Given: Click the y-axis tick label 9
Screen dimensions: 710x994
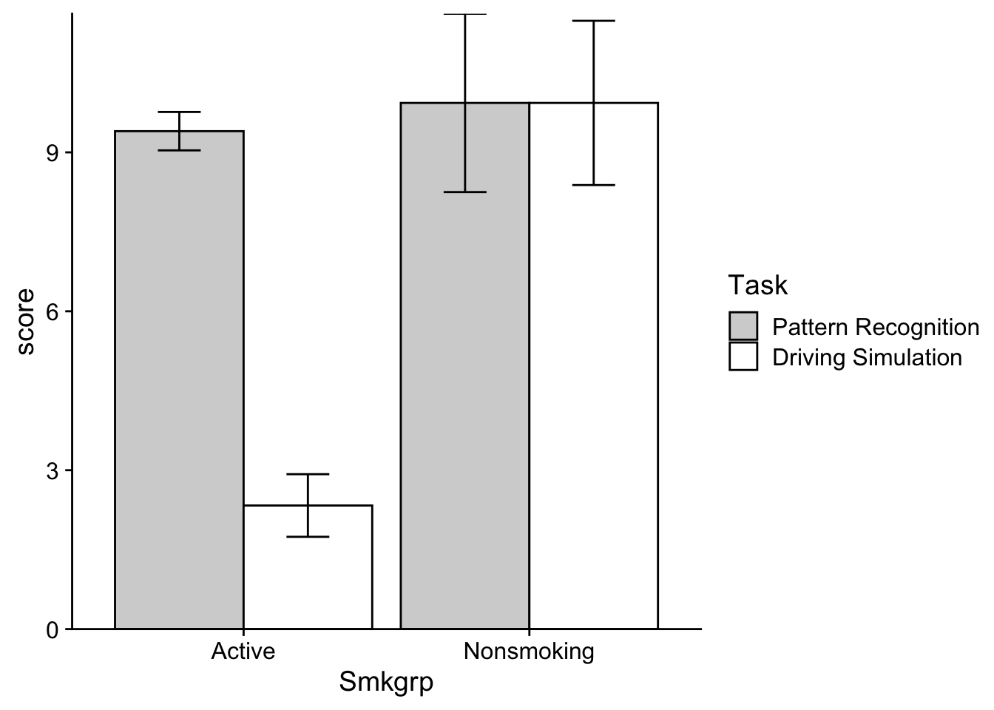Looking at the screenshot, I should coord(53,153).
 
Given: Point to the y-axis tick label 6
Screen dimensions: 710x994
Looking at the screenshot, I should coord(53,311).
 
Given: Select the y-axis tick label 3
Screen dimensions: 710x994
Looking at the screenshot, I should coord(53,470).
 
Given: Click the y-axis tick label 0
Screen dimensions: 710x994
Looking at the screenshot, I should coord(53,629).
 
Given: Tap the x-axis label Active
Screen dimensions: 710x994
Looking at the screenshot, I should coord(243,652).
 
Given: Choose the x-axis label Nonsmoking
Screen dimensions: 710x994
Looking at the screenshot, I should coord(529,652).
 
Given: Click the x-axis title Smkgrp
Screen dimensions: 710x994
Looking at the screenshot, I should coord(386,682).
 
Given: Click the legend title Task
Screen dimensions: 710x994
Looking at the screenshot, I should coord(757,285).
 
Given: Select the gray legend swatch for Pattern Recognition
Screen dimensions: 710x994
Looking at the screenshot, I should coord(743,326).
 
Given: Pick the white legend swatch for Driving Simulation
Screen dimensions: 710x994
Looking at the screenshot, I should coord(743,356).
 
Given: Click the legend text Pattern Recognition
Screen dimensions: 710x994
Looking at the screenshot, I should coord(875,327).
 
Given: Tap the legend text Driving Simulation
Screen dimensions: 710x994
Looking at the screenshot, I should coord(867,357).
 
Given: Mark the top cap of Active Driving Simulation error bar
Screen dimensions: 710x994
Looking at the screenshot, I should coord(308,474).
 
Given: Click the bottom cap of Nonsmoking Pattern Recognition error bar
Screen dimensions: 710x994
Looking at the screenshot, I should coord(464,192).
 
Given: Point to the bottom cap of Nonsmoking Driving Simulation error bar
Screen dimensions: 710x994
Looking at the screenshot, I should coord(593,185).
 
